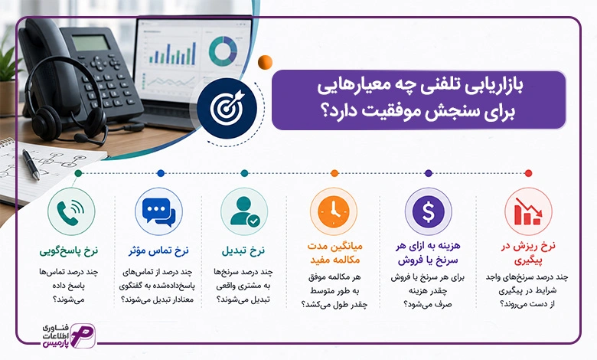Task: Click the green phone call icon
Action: pos(71,211)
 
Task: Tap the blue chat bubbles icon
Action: pos(158,211)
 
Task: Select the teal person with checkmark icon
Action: pos(244,211)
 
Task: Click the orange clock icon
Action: pos(334,211)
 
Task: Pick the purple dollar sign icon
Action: pos(429,211)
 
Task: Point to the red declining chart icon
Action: pos(528,211)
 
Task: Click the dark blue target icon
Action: pos(227,108)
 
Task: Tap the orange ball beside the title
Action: pos(265,62)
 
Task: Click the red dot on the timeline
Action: pos(528,173)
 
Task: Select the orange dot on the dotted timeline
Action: pos(334,173)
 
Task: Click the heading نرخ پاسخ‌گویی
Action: pos(69,251)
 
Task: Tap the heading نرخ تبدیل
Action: pos(243,251)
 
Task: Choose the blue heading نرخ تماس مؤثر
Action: pos(158,251)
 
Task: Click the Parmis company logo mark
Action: pos(83,336)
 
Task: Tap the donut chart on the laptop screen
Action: pos(223,51)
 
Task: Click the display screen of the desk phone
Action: pos(91,43)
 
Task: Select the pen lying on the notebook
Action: pos(31,164)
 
